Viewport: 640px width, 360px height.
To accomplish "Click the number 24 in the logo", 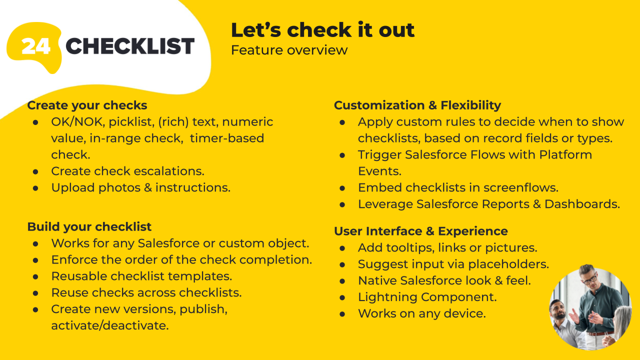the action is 36,46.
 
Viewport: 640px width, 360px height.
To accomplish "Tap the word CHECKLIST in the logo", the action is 130,46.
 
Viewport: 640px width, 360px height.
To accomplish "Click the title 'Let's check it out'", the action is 322,30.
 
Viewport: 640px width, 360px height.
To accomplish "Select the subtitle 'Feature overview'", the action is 289,50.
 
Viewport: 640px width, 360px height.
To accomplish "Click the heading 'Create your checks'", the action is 87,105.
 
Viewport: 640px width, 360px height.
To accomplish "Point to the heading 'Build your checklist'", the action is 89,227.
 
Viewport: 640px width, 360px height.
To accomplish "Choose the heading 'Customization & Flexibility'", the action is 417,105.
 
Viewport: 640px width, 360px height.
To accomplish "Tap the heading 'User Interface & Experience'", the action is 421,231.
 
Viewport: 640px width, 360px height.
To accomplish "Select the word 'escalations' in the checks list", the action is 169,171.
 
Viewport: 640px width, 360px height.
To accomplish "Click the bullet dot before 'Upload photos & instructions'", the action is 35,188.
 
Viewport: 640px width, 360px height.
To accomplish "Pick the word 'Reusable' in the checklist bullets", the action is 79,276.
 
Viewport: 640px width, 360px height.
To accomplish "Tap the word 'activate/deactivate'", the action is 110,325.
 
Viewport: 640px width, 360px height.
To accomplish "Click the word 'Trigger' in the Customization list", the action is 379,155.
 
